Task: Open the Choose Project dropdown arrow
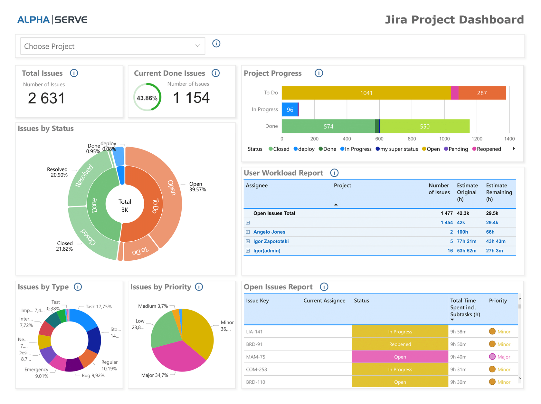point(197,46)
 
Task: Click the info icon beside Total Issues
point(74,73)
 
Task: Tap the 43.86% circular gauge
point(147,97)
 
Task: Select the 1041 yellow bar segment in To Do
point(366,93)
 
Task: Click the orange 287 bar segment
point(482,93)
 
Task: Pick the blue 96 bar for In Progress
point(289,110)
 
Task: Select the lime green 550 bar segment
point(424,126)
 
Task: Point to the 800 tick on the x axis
point(412,139)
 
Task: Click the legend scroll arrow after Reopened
point(514,149)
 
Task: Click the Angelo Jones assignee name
point(269,232)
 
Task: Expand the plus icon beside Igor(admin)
point(248,251)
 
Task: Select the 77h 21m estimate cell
point(466,241)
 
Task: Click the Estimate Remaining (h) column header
point(498,192)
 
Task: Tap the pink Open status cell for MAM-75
point(400,357)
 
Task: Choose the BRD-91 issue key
point(254,344)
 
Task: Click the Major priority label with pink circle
point(503,357)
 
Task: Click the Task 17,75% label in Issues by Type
point(99,307)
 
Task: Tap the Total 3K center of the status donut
point(125,206)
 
